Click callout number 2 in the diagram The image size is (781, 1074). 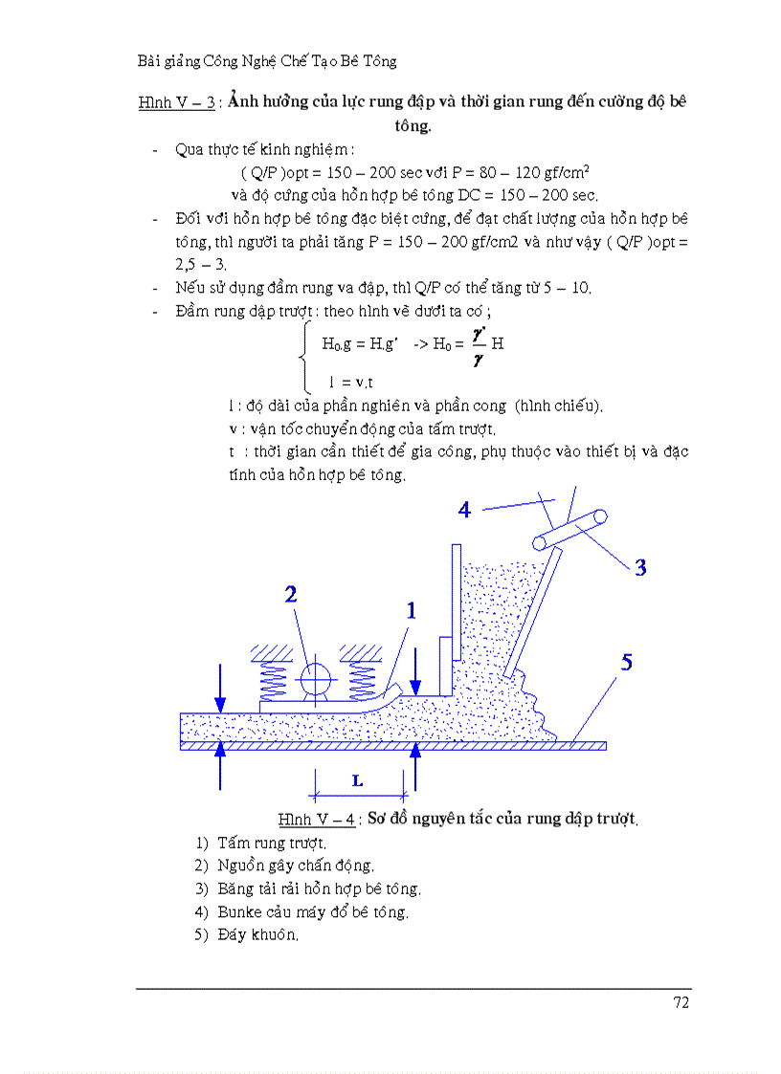291,594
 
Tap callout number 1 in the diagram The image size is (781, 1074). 412,609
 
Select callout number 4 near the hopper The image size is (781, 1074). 464,509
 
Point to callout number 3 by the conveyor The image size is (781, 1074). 640,567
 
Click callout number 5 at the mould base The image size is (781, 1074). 626,662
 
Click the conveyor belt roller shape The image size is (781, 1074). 571,530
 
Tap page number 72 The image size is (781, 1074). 681,1002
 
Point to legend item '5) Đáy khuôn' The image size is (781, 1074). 247,935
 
